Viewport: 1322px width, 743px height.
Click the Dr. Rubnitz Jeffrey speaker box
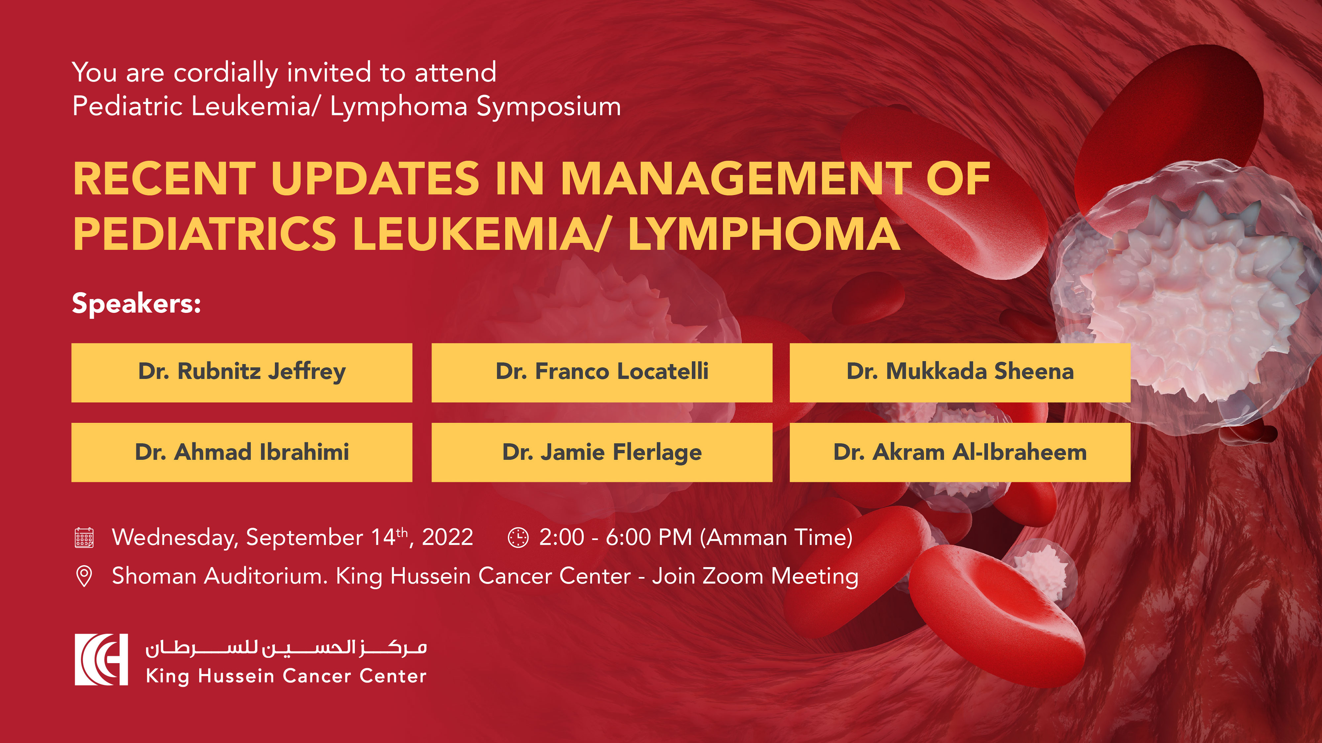pyautogui.click(x=242, y=372)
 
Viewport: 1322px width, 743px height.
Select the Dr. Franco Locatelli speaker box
pyautogui.click(x=602, y=372)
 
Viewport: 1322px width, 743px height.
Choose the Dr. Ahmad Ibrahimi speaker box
pyautogui.click(x=242, y=452)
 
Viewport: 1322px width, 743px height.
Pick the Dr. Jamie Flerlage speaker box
pyautogui.click(x=602, y=452)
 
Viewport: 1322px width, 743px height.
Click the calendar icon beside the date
pyautogui.click(x=84, y=538)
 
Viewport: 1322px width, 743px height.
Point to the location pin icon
pyautogui.click(x=84, y=576)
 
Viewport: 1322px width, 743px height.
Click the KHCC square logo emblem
pyautogui.click(x=101, y=659)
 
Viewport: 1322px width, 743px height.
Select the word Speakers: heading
pyautogui.click(x=136, y=303)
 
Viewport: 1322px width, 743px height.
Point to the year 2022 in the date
pyautogui.click(x=447, y=537)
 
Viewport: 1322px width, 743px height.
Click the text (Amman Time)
pyautogui.click(x=776, y=537)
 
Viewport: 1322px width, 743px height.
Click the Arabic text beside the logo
pyautogui.click(x=286, y=648)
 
